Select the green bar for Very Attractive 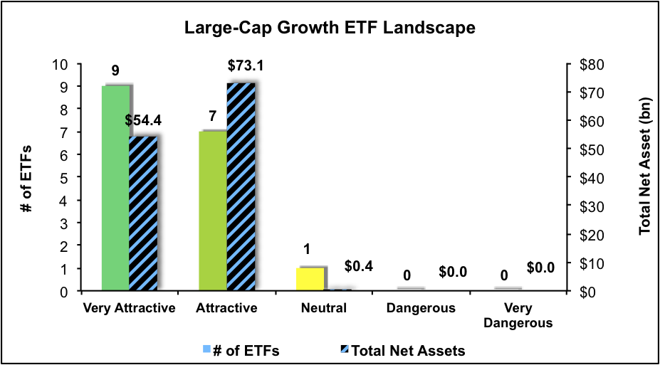pos(115,188)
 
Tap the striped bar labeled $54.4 pos(143,213)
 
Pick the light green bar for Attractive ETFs pos(212,211)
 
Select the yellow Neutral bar pos(309,279)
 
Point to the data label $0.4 pos(358,266)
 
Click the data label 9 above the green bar pos(115,71)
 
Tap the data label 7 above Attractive pos(212,116)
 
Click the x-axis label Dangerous pos(421,309)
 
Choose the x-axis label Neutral pos(323,309)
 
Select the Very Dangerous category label pos(518,315)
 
